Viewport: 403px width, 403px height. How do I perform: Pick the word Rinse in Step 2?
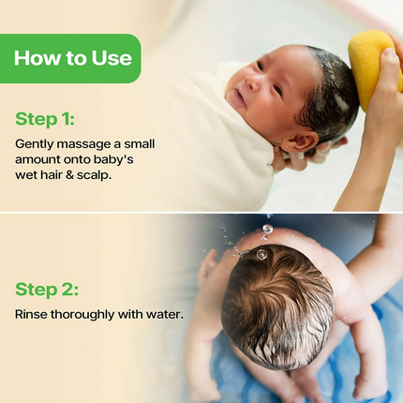tap(32, 314)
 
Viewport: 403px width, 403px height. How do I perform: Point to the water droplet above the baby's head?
tap(267, 229)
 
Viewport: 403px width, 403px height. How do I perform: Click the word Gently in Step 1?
tap(35, 143)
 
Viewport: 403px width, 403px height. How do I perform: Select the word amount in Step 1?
tap(37, 159)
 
